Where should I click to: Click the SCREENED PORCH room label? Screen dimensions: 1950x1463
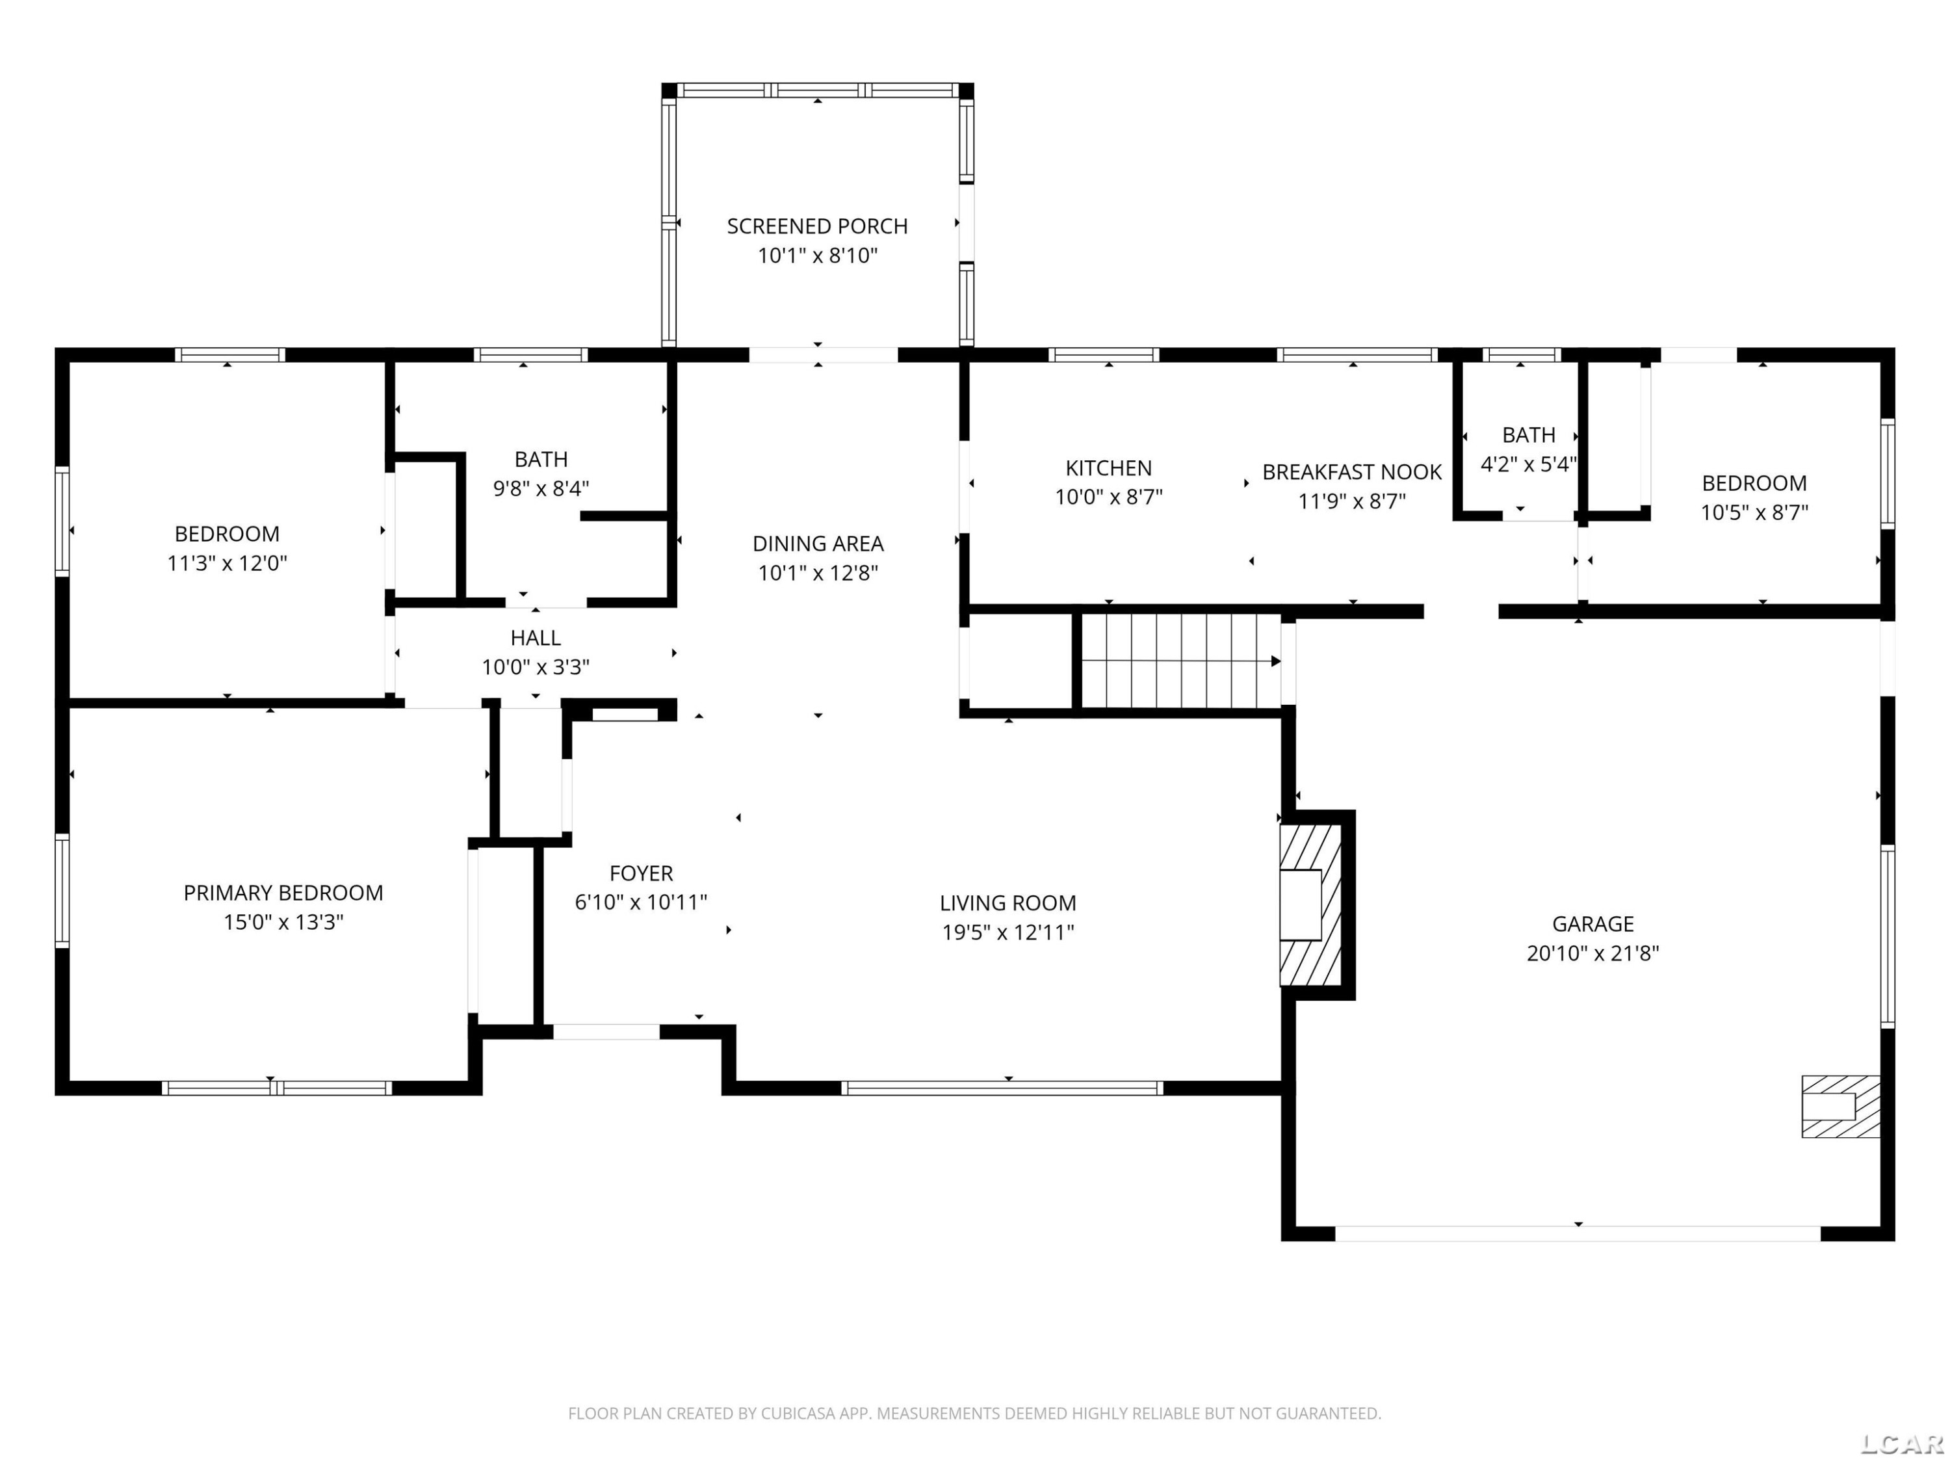coord(817,227)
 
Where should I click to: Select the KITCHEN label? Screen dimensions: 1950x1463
coord(1108,468)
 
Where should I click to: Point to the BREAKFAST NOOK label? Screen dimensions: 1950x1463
coord(1351,472)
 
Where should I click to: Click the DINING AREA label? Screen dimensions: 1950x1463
coord(818,544)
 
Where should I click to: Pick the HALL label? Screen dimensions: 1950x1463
coord(535,638)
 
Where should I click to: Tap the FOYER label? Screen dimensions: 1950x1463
coord(641,873)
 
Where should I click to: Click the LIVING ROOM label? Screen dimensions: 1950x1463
coord(1007,903)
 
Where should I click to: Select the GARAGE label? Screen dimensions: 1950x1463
coord(1593,923)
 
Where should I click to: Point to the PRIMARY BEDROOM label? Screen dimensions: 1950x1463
coord(283,893)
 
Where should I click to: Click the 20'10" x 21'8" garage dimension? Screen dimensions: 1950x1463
coord(1593,953)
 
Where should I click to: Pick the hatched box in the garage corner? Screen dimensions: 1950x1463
coord(1839,1106)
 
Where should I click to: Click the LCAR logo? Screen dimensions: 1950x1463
coord(1901,1443)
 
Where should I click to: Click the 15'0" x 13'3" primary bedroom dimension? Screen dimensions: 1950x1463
coord(283,923)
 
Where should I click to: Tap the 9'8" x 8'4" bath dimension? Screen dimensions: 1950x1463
coord(540,488)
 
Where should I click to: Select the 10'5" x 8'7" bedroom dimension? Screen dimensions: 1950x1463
coord(1754,512)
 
